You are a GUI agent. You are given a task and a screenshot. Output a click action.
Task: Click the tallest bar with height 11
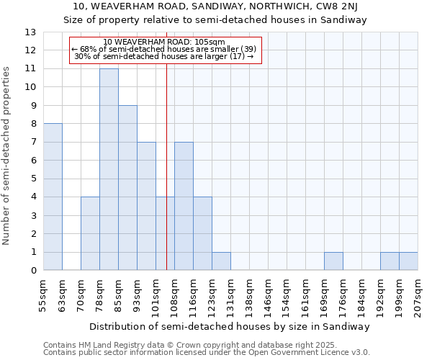click(109, 169)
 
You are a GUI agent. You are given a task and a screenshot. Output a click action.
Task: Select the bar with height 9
click(127, 188)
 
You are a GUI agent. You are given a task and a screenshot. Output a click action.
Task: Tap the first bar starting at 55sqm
click(53, 197)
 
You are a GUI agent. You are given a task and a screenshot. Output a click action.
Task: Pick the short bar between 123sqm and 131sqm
click(221, 261)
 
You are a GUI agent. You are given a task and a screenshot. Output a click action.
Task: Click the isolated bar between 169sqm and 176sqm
click(333, 261)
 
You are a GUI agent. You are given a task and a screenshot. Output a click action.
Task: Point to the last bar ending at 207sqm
click(408, 261)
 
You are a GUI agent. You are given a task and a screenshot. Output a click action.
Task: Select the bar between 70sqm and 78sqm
click(90, 233)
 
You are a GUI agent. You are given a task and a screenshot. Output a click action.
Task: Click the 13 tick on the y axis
click(30, 32)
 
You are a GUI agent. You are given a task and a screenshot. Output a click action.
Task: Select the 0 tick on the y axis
click(33, 271)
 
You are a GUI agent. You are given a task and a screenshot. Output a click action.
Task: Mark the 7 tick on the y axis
click(33, 142)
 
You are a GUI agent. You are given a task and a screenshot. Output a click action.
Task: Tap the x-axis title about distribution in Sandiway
click(230, 326)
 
